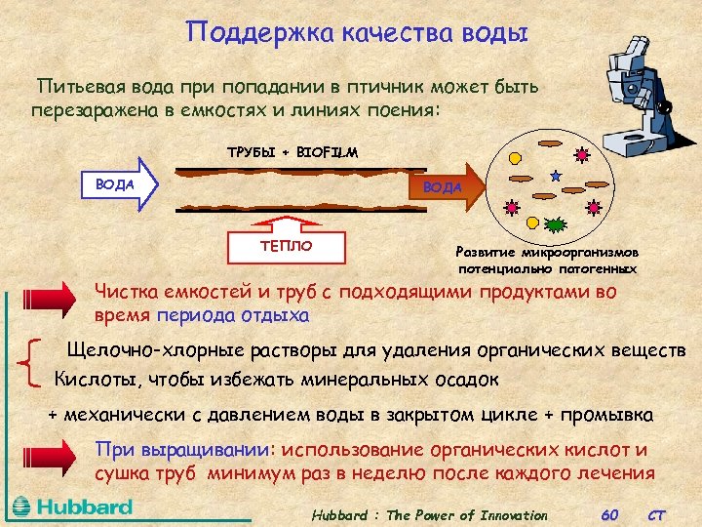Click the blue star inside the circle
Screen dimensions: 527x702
coord(556,177)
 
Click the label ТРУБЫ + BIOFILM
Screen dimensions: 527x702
coord(292,152)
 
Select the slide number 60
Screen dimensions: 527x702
coord(610,514)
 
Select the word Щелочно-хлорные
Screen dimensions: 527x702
coord(140,349)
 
